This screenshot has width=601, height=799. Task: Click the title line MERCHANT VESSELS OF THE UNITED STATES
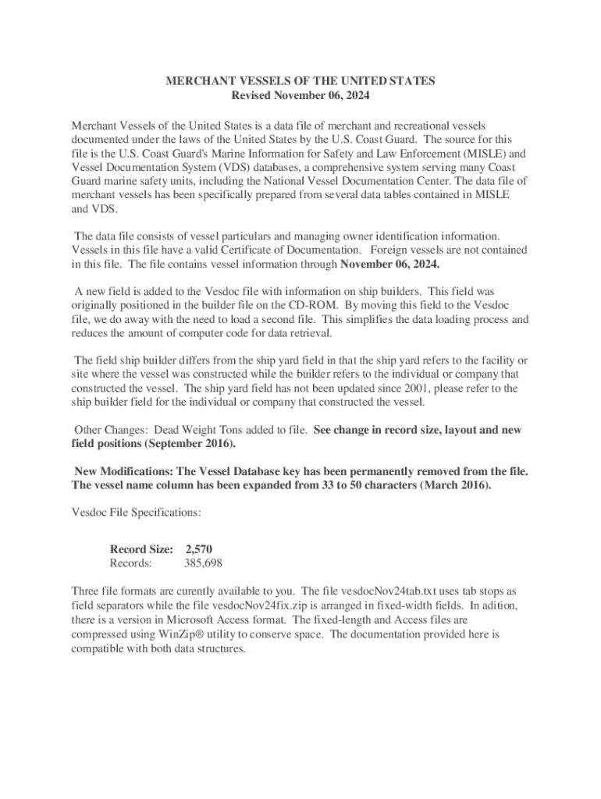click(300, 81)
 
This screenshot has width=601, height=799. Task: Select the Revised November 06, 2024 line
click(300, 96)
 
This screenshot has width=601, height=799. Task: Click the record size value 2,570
click(197, 549)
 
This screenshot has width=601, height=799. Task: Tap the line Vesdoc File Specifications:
click(137, 513)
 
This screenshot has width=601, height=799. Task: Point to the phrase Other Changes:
click(111, 430)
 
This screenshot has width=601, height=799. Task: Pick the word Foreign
click(396, 250)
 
